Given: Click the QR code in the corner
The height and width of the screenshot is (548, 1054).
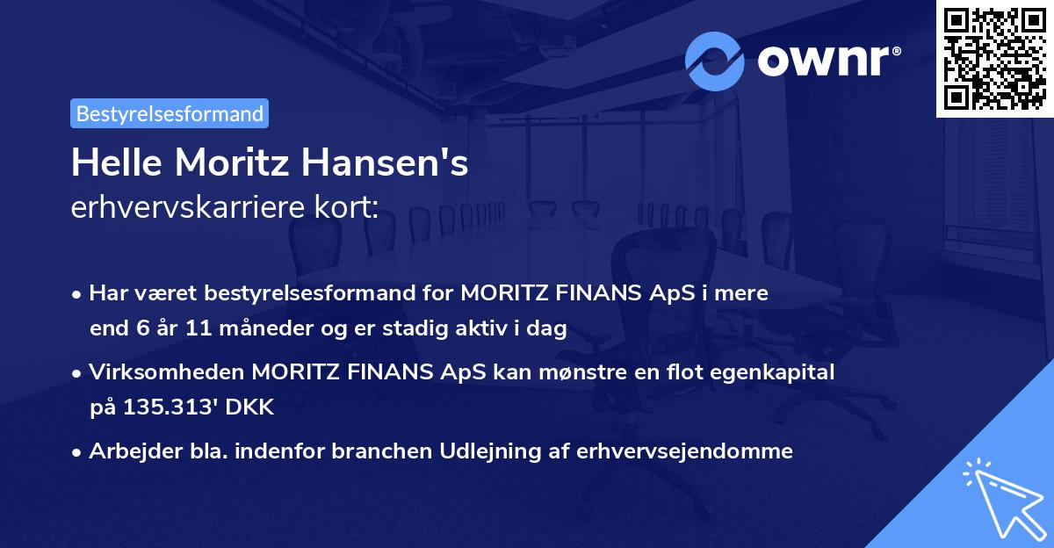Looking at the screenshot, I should [x=995, y=59].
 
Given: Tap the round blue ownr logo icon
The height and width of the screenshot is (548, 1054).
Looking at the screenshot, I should [x=715, y=61].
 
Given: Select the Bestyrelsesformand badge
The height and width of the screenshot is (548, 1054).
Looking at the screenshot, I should [x=170, y=113].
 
